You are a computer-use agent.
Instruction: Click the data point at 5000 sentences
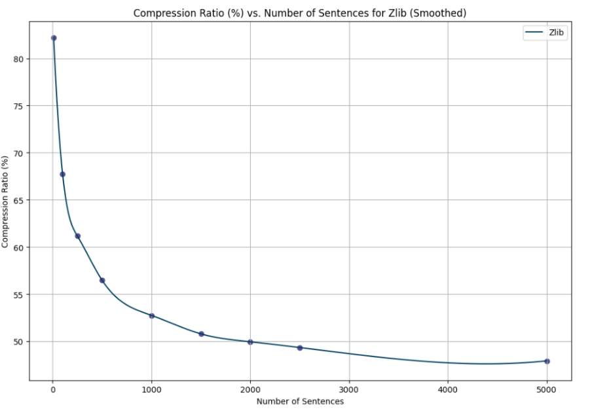pos(547,361)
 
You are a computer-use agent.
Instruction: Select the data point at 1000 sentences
pos(152,316)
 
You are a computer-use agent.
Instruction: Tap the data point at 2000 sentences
pos(250,341)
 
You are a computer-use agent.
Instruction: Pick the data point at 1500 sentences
pos(201,334)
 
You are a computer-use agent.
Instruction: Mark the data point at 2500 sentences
pos(300,347)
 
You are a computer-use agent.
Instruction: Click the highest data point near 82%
pos(54,38)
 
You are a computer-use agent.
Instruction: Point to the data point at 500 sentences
pos(102,280)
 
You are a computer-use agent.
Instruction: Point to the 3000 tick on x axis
pos(349,391)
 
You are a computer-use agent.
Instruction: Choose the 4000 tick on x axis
pos(448,391)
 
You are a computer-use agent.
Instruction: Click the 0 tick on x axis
pos(53,391)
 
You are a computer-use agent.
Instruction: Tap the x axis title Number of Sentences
pos(300,402)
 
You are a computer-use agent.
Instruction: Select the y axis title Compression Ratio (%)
pos(6,201)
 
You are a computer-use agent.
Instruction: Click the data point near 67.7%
pos(62,174)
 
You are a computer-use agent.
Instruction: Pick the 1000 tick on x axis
pos(152,391)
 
